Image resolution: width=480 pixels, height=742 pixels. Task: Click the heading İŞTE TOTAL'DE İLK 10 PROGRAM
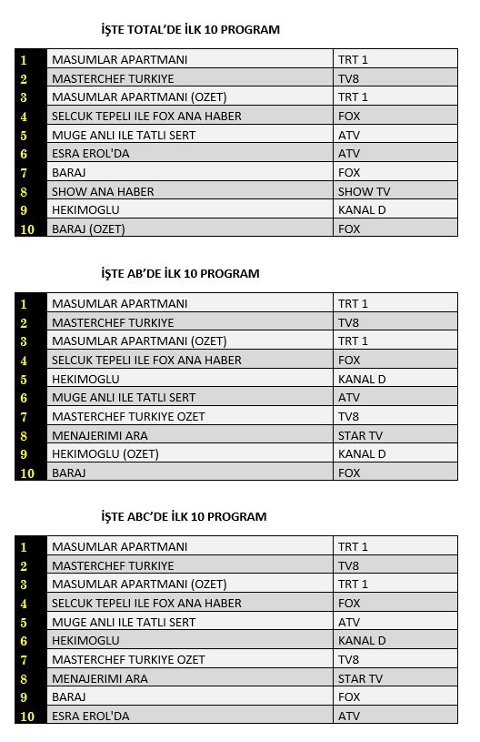point(190,29)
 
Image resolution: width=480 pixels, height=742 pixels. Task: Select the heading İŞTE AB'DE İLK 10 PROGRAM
point(180,273)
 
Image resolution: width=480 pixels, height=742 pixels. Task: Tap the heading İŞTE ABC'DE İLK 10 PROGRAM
point(184,516)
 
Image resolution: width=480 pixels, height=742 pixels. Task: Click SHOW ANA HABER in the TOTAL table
point(103,191)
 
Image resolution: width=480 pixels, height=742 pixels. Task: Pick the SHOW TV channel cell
point(364,191)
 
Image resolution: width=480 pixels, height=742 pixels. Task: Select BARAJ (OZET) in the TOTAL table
point(88,229)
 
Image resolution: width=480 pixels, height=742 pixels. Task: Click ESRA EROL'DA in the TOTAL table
point(91,154)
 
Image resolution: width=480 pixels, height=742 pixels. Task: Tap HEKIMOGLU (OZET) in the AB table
point(105,453)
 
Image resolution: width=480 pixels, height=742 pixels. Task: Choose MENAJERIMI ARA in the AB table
point(100,435)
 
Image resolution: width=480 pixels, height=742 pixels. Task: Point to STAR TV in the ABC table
point(360,678)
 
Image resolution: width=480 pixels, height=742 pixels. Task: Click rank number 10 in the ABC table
point(27,717)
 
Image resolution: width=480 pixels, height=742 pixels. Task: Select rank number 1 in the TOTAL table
point(25,60)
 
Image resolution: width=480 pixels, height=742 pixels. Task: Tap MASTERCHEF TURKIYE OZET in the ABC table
point(128,659)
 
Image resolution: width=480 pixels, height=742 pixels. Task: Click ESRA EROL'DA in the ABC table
point(91,716)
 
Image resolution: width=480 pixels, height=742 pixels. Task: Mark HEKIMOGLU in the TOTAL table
point(85,209)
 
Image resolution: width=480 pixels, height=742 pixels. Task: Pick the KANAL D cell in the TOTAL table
point(362,209)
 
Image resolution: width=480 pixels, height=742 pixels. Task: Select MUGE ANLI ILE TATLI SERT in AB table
point(124,397)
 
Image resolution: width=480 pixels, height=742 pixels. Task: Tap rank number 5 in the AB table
point(25,380)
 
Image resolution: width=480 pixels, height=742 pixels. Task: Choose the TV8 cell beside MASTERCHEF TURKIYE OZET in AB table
point(349,416)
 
